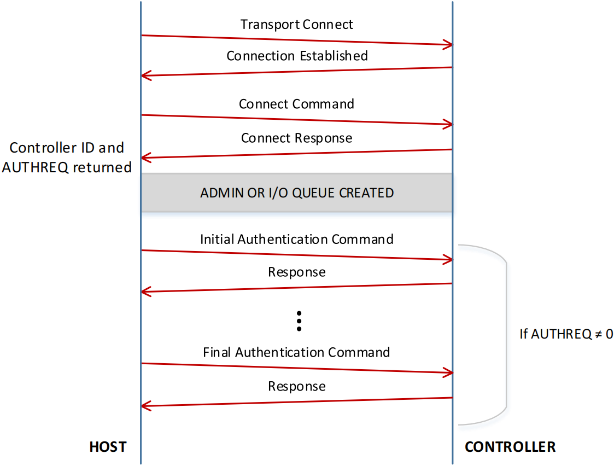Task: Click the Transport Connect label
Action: click(x=296, y=25)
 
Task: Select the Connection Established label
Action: click(x=297, y=56)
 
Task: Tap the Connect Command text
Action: click(x=296, y=104)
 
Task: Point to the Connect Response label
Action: click(x=296, y=138)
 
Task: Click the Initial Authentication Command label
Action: click(x=296, y=239)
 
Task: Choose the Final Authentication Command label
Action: click(x=296, y=352)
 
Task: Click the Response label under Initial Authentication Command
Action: click(x=296, y=272)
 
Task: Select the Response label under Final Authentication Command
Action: click(x=296, y=386)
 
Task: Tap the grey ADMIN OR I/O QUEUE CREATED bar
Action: click(x=296, y=193)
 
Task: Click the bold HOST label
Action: click(x=108, y=447)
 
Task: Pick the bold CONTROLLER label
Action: click(x=510, y=447)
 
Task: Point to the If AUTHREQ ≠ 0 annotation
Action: click(x=566, y=334)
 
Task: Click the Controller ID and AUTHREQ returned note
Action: click(x=67, y=158)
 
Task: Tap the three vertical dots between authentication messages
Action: click(x=299, y=321)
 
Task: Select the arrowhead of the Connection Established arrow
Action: click(x=144, y=75)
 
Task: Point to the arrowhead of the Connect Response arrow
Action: click(x=144, y=158)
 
